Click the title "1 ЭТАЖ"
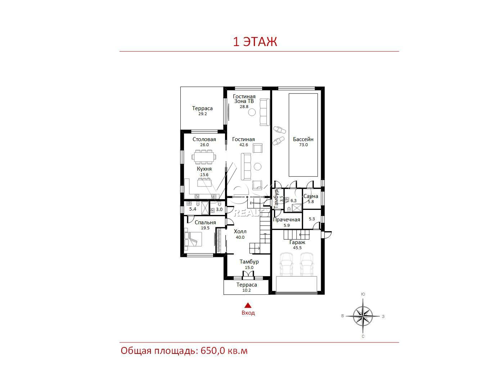[x=255, y=42]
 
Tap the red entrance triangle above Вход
[x=248, y=305]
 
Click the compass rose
[x=363, y=316]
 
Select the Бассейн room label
[x=303, y=139]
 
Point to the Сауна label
[x=311, y=196]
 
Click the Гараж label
[x=297, y=242]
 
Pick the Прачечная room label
[x=287, y=220]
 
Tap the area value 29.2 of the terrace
[x=203, y=114]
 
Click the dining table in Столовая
[x=204, y=157]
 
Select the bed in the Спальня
[x=193, y=239]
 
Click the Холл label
[x=240, y=231]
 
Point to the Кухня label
[x=204, y=169]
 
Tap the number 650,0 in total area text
[x=212, y=350]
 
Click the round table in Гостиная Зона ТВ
[x=252, y=112]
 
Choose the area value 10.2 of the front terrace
[x=247, y=290]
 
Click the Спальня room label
[x=205, y=222]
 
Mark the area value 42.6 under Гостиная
[x=244, y=145]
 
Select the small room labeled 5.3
[x=312, y=219]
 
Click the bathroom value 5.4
[x=193, y=209]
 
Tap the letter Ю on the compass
[x=363, y=294]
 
